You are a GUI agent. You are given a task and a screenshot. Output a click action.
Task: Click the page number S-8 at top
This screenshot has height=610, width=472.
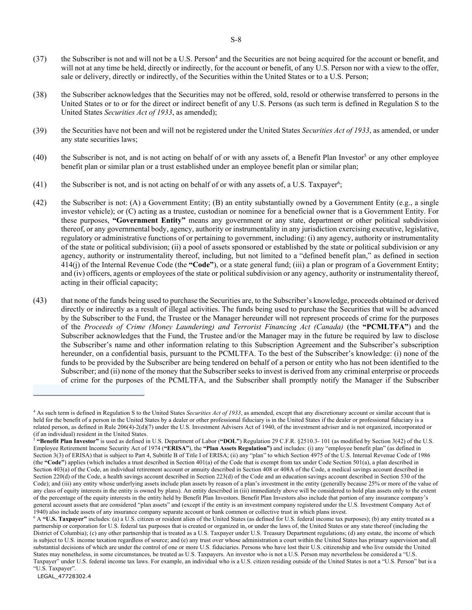[x=236, y=40]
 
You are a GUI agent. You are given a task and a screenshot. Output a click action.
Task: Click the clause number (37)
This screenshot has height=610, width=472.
[x=40, y=59]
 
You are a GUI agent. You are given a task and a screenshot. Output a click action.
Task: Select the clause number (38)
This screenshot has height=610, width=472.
[x=40, y=95]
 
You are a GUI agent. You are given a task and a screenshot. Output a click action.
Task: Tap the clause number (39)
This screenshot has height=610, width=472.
[x=40, y=130]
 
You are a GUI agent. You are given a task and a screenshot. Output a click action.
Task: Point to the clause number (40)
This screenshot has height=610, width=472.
[x=40, y=158]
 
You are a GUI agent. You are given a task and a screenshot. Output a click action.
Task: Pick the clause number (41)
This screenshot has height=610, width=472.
[x=40, y=185]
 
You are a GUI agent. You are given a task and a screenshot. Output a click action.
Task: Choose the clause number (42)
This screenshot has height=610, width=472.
[x=40, y=203]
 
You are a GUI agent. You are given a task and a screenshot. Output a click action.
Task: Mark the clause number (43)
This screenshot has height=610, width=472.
[x=40, y=300]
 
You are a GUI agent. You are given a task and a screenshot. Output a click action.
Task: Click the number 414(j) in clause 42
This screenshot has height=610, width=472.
[x=70, y=265]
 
